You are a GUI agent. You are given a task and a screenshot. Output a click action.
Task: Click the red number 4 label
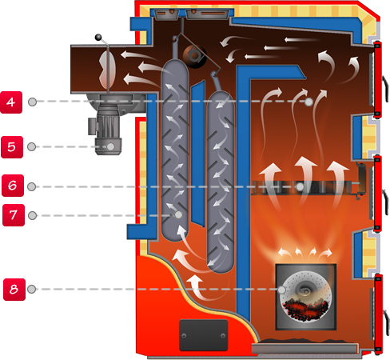11,102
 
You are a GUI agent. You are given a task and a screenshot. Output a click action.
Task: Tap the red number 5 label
12,147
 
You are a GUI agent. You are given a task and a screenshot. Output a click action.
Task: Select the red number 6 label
13,186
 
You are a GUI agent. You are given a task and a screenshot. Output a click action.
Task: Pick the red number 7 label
14,215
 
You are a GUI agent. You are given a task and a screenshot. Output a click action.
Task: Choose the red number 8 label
14,290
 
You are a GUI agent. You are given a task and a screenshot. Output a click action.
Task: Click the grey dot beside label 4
33,102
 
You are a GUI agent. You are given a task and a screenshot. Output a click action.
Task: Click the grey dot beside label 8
32,289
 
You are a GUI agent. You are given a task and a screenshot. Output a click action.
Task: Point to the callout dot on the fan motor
110,146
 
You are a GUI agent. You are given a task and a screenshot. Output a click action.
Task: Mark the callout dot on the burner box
282,290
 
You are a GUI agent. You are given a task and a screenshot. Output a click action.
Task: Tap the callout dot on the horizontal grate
300,186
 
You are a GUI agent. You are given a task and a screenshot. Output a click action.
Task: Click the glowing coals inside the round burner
305,310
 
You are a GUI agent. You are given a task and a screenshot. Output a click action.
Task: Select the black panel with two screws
204,335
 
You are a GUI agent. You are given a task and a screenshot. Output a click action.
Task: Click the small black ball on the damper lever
98,38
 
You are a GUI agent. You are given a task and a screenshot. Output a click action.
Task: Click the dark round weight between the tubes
195,57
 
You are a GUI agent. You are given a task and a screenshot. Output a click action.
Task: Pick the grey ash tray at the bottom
304,349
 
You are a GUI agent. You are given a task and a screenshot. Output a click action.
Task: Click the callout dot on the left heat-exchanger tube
178,214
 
